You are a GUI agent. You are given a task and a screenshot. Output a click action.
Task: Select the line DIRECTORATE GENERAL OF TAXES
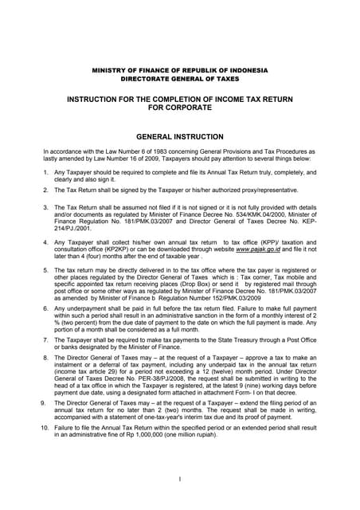pyautogui.click(x=179, y=80)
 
